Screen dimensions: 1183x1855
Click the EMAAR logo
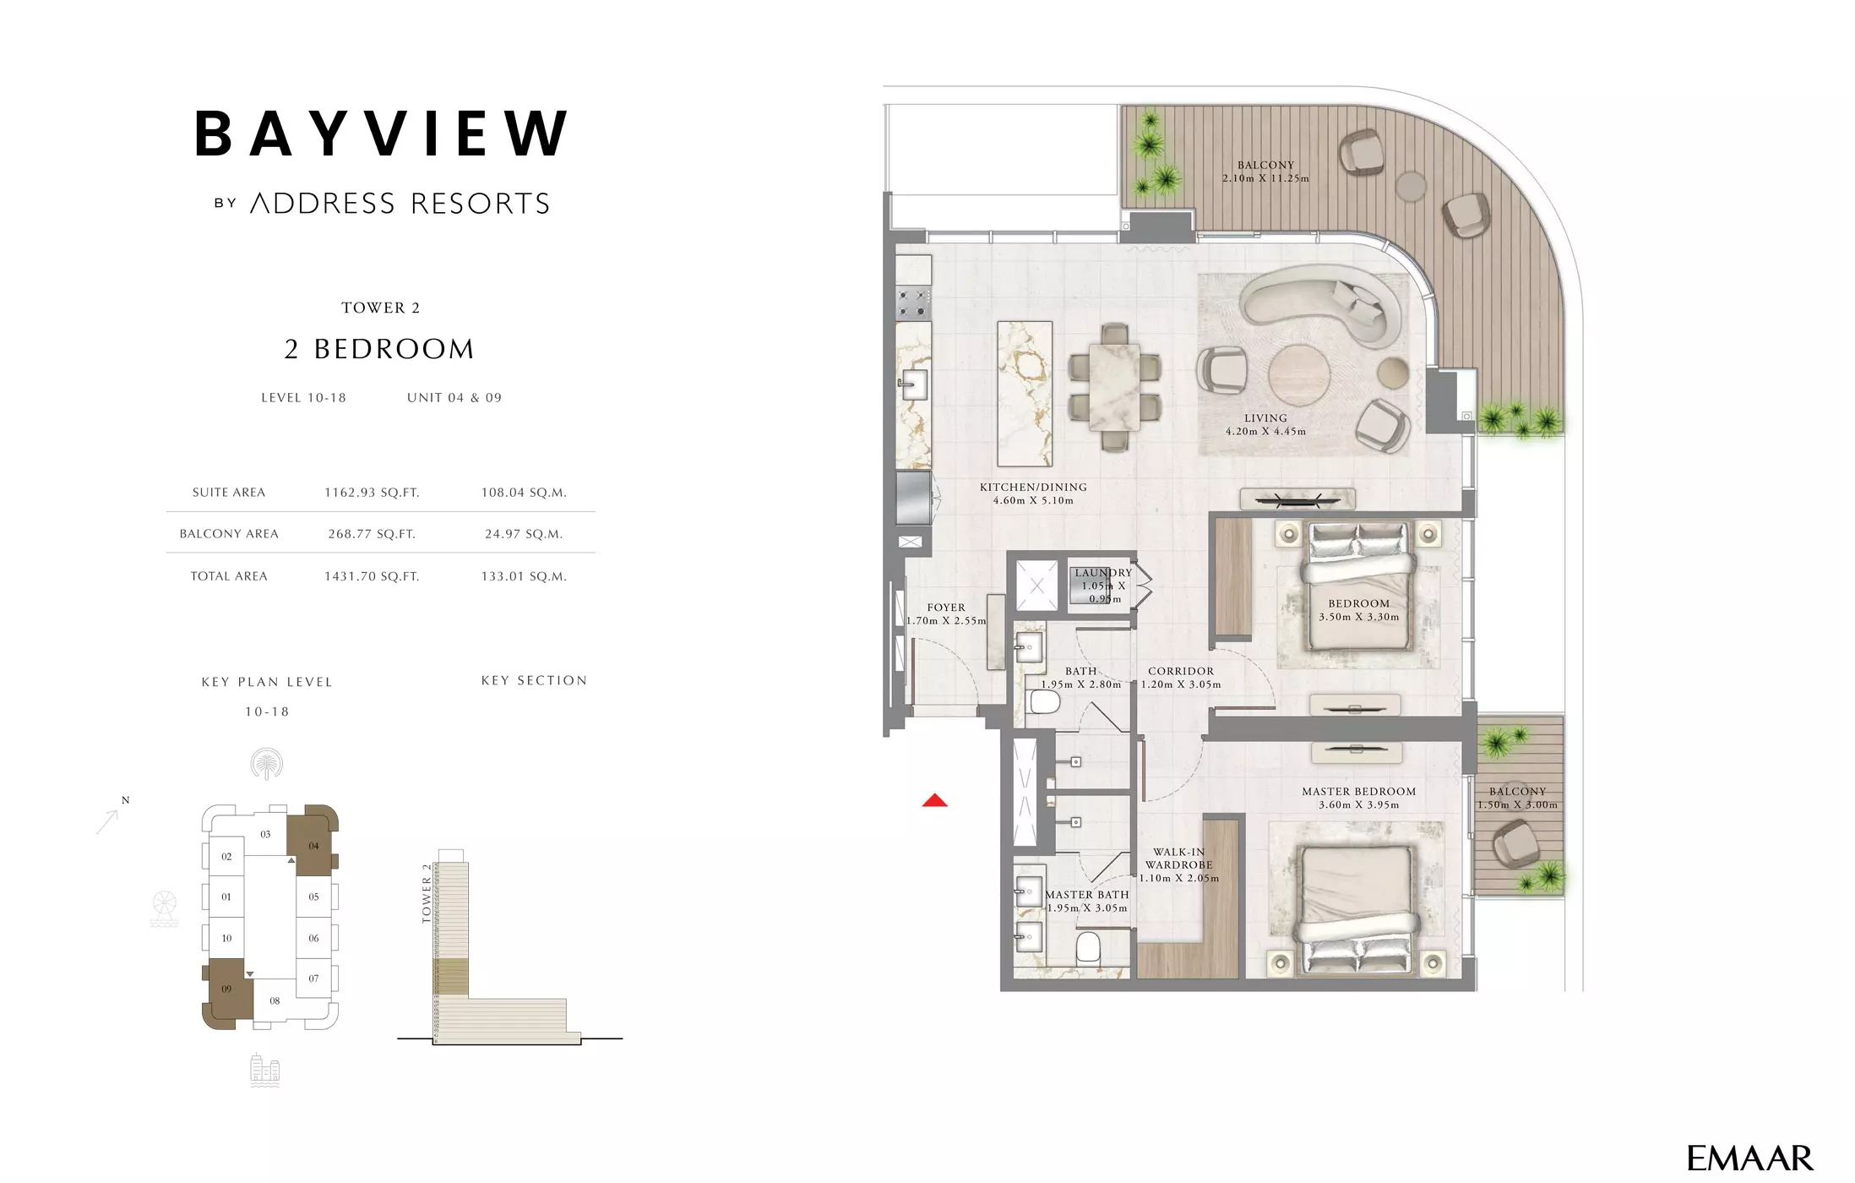[1749, 1158]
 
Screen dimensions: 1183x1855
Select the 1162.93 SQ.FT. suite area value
[372, 493]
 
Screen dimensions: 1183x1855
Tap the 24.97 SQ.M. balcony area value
[523, 534]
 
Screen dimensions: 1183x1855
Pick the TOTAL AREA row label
[229, 576]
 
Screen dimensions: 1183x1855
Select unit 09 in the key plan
[226, 990]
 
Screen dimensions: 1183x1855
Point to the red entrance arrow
[934, 800]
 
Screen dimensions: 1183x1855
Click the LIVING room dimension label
[1265, 424]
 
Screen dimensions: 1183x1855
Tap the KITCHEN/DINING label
[1033, 488]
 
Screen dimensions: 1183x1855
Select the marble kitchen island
[1025, 394]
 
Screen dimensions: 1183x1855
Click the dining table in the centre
[1114, 386]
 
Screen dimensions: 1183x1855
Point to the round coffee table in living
[1299, 376]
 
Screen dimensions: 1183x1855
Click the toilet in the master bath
[1088, 948]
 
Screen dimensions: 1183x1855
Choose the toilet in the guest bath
[1045, 701]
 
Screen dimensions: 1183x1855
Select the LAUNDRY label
[1103, 573]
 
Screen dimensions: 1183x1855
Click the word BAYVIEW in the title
[381, 134]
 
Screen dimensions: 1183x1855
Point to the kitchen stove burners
[913, 303]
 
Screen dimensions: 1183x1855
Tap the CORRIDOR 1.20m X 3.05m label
[1181, 678]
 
